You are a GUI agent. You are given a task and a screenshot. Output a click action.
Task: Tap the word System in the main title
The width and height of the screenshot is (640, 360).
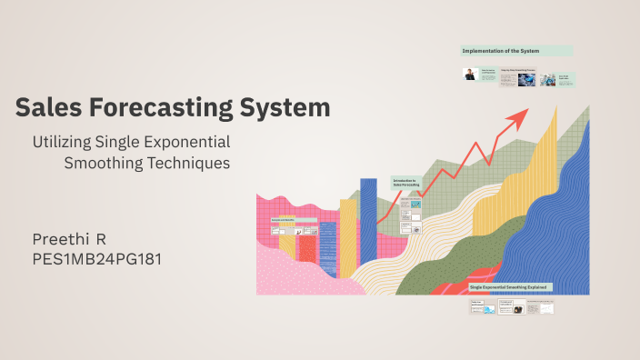[285, 108]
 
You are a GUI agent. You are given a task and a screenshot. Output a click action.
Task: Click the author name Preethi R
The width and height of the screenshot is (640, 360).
[70, 239]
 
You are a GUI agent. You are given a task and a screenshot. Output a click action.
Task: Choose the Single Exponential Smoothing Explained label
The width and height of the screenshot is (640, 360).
[515, 287]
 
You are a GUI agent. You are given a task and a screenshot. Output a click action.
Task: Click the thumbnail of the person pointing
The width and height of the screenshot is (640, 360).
[470, 75]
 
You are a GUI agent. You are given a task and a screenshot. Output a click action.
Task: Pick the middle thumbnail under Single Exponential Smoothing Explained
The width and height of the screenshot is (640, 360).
[512, 308]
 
